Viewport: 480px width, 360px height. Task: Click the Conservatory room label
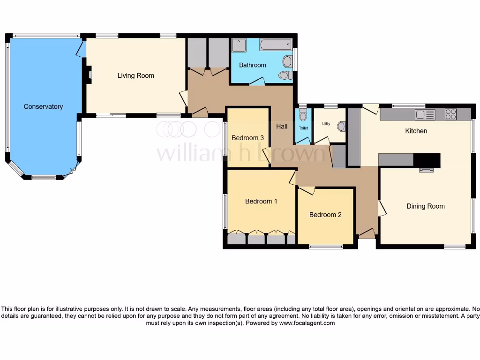(x=43, y=107)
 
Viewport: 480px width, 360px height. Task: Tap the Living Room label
(x=135, y=75)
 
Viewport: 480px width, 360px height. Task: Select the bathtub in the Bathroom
(x=276, y=45)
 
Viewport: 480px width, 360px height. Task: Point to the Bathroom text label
(x=252, y=65)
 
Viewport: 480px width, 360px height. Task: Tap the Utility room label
(x=326, y=124)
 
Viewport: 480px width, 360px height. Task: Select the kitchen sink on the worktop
(x=425, y=114)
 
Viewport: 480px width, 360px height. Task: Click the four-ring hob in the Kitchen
(x=450, y=114)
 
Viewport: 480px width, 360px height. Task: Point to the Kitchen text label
(x=416, y=131)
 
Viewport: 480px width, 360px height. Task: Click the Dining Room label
(x=425, y=206)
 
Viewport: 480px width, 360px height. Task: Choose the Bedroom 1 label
(x=261, y=202)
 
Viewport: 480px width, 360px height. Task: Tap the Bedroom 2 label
(x=325, y=215)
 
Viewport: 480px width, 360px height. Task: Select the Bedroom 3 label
(x=247, y=138)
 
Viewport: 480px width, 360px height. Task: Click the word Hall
(x=282, y=127)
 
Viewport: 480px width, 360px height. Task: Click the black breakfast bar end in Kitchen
(x=427, y=160)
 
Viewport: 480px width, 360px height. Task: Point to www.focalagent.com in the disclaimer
(x=307, y=323)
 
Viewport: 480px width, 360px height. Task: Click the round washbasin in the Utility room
(x=341, y=126)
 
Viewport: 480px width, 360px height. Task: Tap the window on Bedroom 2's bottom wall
(x=325, y=246)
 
